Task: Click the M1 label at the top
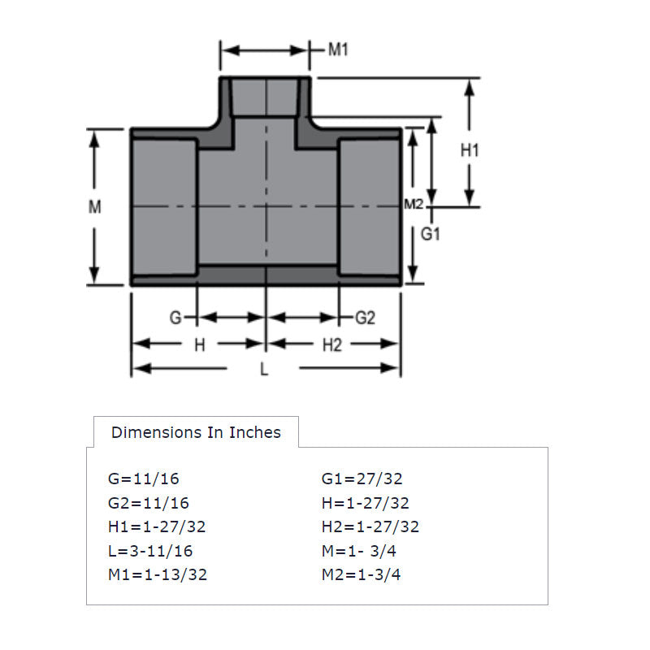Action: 338,50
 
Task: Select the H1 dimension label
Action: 470,150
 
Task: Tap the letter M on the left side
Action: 95,207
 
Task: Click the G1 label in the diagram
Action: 431,236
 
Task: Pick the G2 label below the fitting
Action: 365,318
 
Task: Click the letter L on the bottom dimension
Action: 263,370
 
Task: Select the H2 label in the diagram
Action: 331,345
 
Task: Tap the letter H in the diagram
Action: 199,345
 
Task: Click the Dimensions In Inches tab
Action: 196,432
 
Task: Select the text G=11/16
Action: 143,479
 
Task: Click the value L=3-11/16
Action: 150,551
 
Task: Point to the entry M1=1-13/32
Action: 158,575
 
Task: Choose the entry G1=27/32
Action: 362,479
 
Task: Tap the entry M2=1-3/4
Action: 361,575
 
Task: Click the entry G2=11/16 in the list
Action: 148,503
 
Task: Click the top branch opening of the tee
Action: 266,97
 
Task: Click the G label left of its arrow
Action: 175,318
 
